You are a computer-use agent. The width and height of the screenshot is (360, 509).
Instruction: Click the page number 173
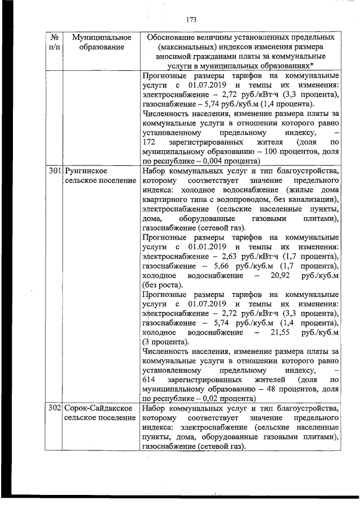(190, 20)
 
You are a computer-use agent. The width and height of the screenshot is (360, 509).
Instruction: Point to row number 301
(54, 170)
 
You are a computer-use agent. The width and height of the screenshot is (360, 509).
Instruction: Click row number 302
(54, 408)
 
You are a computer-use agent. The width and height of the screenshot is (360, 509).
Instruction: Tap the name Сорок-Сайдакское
(98, 408)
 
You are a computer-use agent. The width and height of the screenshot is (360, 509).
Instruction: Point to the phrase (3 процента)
(166, 342)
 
